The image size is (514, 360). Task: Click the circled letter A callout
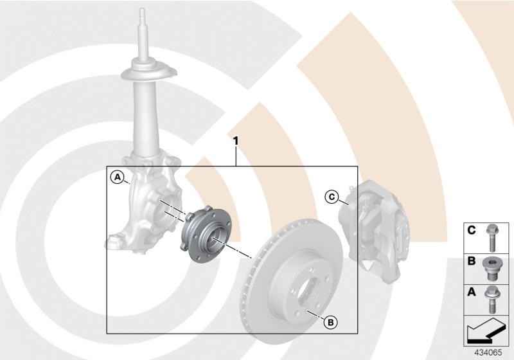tap(117, 176)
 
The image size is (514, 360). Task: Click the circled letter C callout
tap(332, 197)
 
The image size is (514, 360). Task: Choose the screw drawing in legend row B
tap(493, 268)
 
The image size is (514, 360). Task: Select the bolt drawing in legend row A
tap(493, 300)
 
